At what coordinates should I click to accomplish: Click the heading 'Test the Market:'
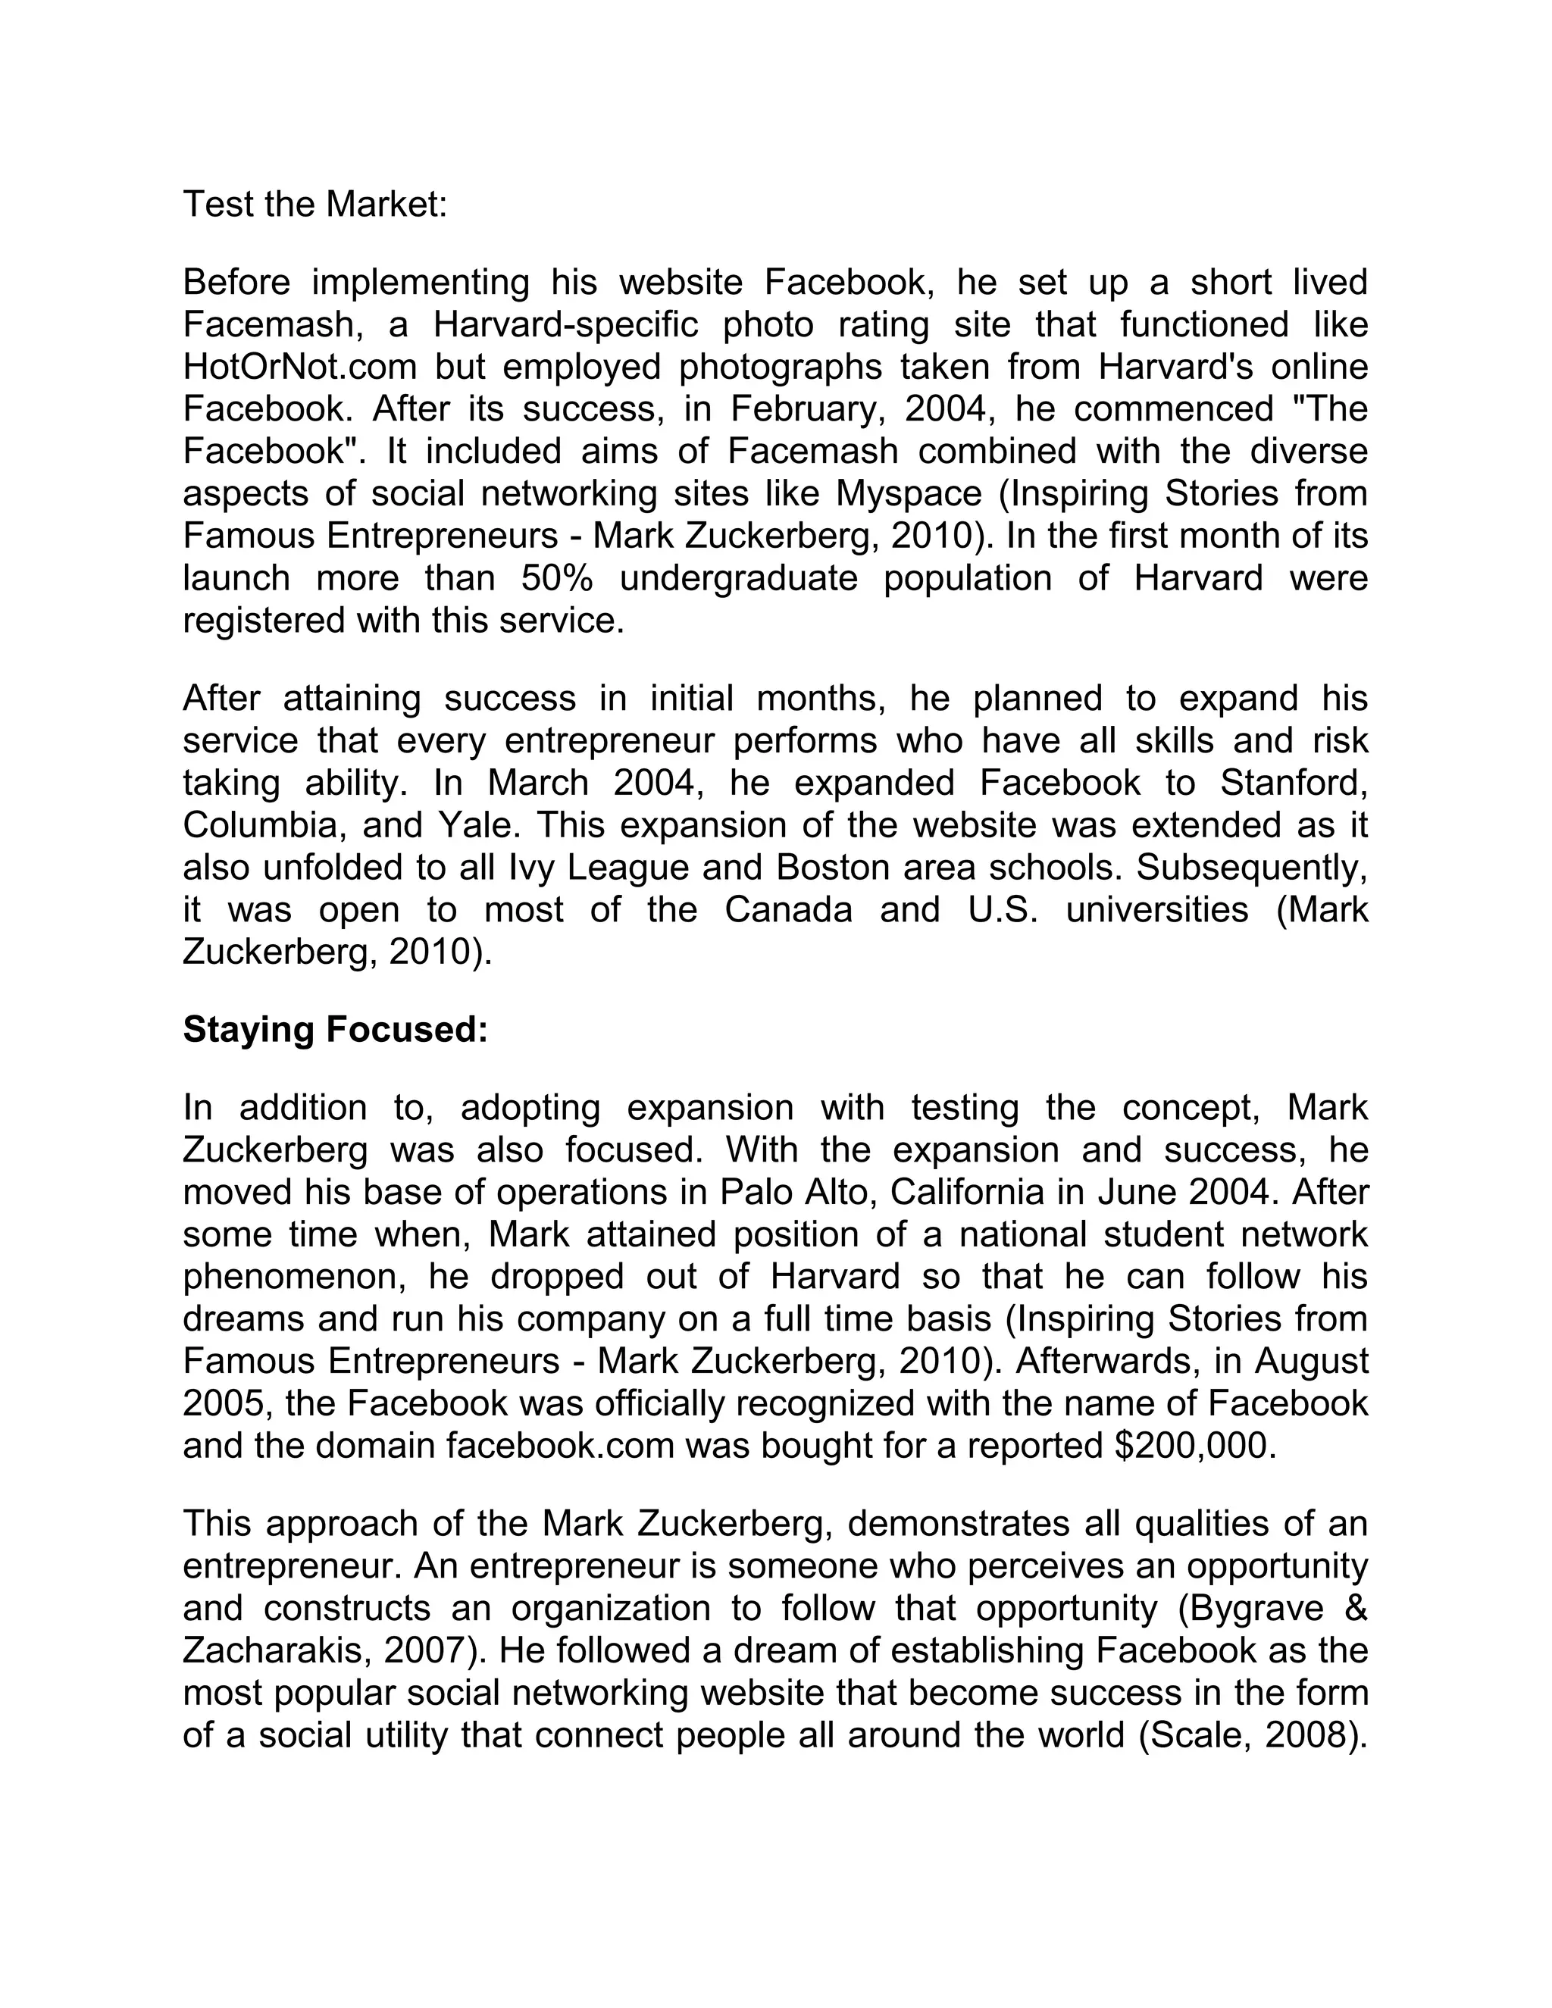tap(314, 204)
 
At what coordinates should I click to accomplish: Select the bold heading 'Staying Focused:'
tap(335, 1030)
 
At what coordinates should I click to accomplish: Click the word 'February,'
tap(806, 409)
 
